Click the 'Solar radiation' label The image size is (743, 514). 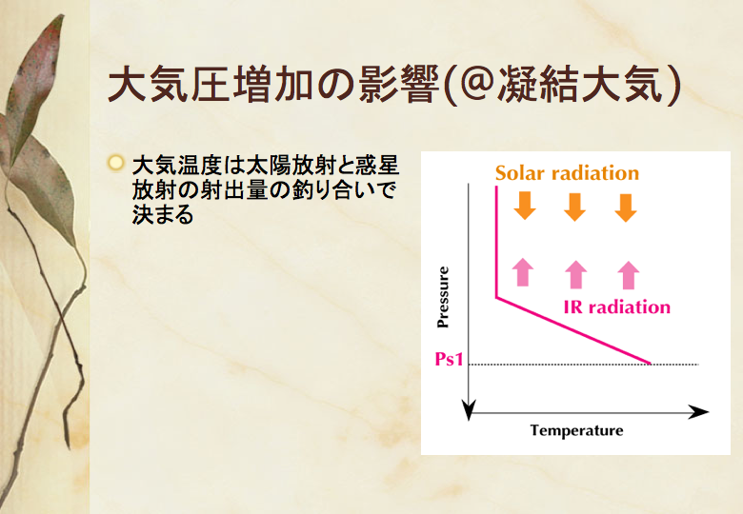pyautogui.click(x=567, y=172)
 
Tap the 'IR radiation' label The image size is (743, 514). pyautogui.click(x=617, y=307)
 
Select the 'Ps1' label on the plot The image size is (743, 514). pyautogui.click(x=449, y=359)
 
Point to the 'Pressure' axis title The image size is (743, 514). pyautogui.click(x=443, y=297)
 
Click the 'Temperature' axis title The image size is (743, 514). pyautogui.click(x=576, y=430)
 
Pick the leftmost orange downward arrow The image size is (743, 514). pyautogui.click(x=525, y=206)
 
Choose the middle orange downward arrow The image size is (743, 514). pyautogui.click(x=574, y=207)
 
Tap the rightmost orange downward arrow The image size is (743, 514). pyautogui.click(x=626, y=208)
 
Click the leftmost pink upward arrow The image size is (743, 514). pyautogui.click(x=523, y=272)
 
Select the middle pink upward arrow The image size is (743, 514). pyautogui.click(x=575, y=274)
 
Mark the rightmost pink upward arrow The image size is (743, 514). pyautogui.click(x=629, y=275)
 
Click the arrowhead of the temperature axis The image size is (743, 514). pyautogui.click(x=700, y=412)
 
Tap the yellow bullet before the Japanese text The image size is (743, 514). pyautogui.click(x=115, y=163)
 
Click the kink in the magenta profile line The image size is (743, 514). pyautogui.click(x=496, y=298)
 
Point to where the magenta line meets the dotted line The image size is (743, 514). pyautogui.click(x=650, y=364)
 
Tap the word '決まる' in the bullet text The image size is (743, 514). pyautogui.click(x=163, y=214)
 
